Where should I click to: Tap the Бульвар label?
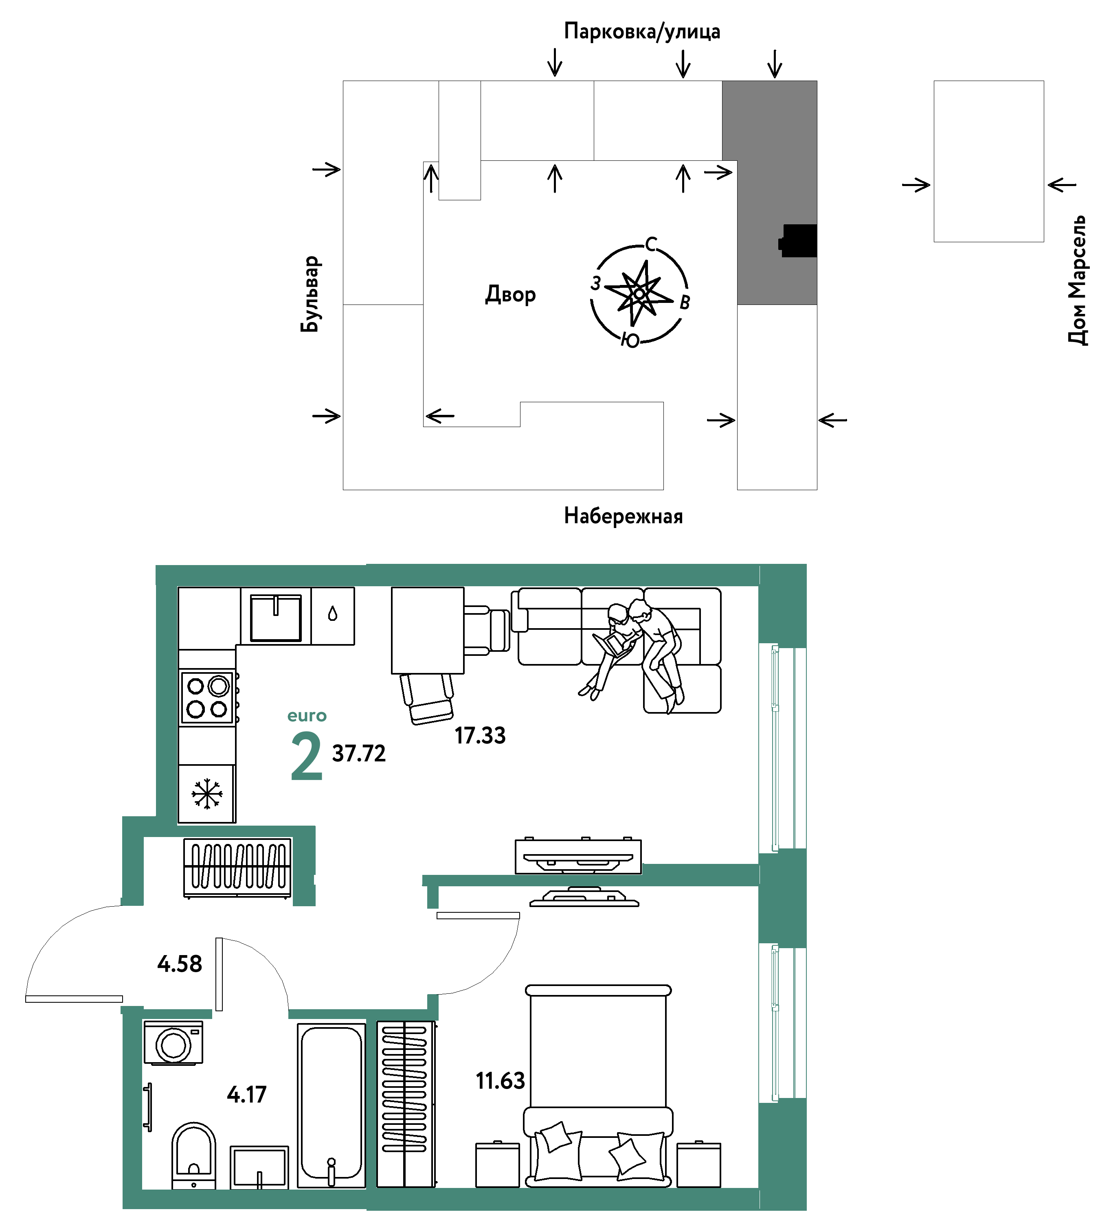coord(310,294)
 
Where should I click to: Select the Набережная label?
coord(623,516)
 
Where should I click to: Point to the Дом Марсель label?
coord(1078,280)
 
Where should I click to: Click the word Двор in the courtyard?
coord(511,295)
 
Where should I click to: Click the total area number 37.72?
coord(358,754)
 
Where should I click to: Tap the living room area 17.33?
coord(480,735)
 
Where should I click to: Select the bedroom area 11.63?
coord(500,1081)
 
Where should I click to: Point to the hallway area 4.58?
coord(179,964)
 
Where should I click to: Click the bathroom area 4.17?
coord(247,1094)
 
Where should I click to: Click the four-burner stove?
coord(207,697)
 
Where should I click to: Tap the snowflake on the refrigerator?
coord(206,793)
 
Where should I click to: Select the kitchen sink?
coord(276,617)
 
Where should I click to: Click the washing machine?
coord(173,1043)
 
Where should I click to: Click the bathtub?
coord(331,1105)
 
